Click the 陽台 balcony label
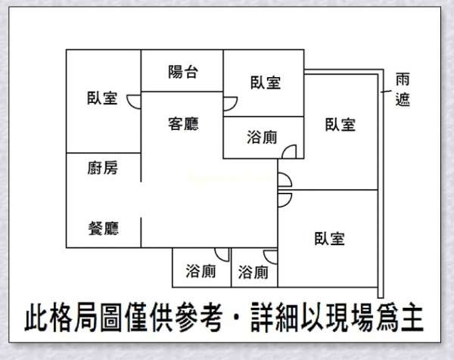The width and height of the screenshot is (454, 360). (x=183, y=72)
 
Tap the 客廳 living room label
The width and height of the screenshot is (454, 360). (x=183, y=124)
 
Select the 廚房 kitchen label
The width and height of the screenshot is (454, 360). (x=103, y=168)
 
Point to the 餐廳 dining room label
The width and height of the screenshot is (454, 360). (x=104, y=228)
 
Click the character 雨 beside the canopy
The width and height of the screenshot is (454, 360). (x=403, y=79)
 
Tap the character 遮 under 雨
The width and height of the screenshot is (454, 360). (x=403, y=99)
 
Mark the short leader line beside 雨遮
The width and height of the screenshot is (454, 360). (x=386, y=92)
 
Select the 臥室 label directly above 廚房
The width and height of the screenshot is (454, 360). (x=102, y=98)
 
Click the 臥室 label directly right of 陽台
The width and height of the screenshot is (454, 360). (x=266, y=82)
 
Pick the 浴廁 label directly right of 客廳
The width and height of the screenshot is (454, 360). (x=262, y=137)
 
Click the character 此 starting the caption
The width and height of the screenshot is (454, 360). (x=36, y=317)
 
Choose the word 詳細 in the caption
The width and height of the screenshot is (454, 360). (x=275, y=317)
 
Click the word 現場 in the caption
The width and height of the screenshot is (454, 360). (x=350, y=317)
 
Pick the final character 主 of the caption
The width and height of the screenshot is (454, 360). (x=412, y=317)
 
